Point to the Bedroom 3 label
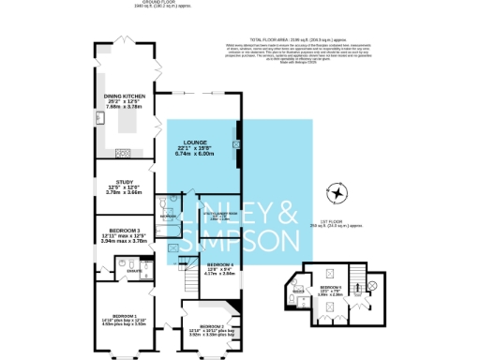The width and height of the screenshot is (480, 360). pos(124,231)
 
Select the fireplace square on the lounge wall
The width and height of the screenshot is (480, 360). pos(240,133)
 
